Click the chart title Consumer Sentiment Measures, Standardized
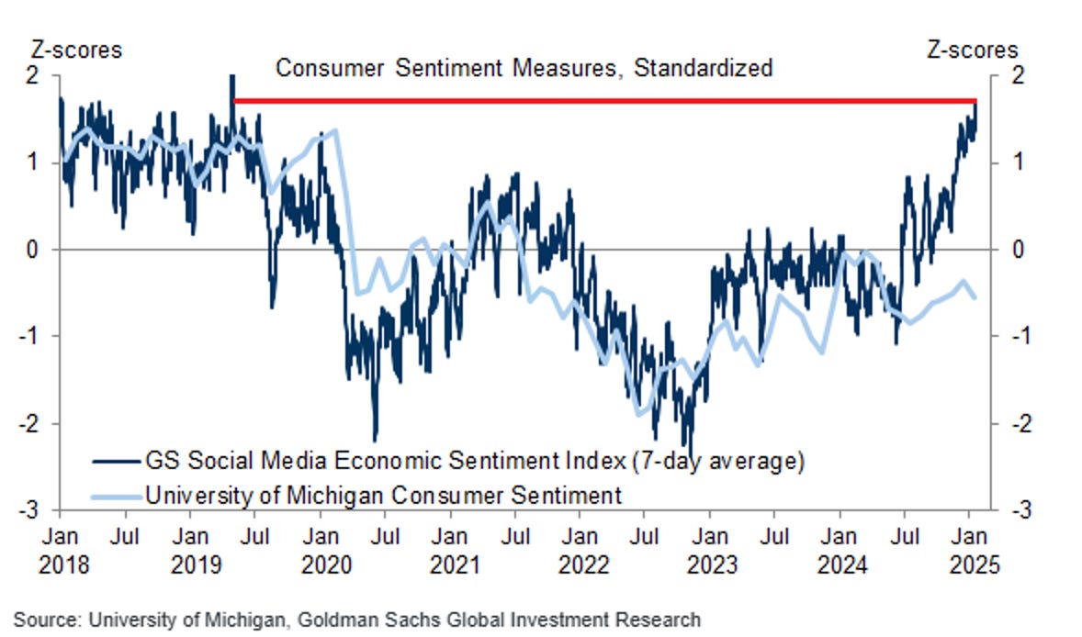pyautogui.click(x=524, y=68)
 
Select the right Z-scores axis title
pyautogui.click(x=973, y=49)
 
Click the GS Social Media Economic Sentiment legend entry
pyautogui.click(x=474, y=459)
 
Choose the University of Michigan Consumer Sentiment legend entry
pyautogui.click(x=383, y=496)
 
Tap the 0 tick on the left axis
pyautogui.click(x=44, y=249)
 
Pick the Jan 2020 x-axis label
pyautogui.click(x=321, y=549)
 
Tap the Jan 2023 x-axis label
pyautogui.click(x=709, y=549)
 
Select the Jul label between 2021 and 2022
pyautogui.click(x=517, y=534)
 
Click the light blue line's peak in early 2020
pyautogui.click(x=335, y=130)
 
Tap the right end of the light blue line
pyautogui.click(x=975, y=296)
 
